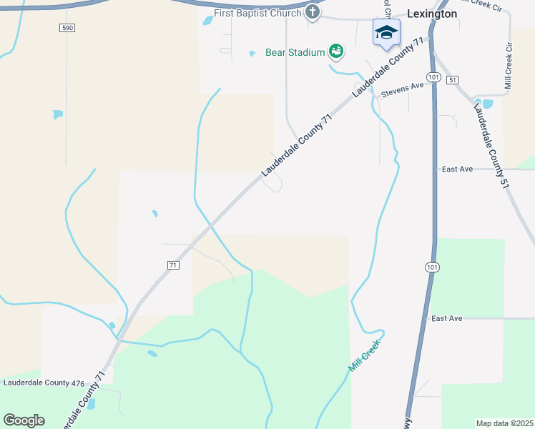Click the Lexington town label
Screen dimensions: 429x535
tap(431, 13)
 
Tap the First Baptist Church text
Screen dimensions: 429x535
tap(258, 13)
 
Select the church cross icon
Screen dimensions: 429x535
tap(313, 12)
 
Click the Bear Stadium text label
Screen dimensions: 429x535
tap(295, 52)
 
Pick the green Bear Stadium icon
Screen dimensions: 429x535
tap(335, 51)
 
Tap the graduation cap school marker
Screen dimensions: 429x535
tap(386, 33)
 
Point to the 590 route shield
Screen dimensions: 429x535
tap(67, 27)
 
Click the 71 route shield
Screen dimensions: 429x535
tap(172, 265)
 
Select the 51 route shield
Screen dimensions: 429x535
tap(452, 79)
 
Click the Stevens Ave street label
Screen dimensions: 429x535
tap(402, 89)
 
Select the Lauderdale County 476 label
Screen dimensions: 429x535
tap(44, 383)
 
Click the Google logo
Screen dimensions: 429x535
tap(24, 420)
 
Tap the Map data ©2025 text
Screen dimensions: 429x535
tap(504, 423)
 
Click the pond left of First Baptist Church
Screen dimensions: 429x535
tap(207, 21)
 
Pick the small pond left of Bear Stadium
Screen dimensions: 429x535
tap(252, 53)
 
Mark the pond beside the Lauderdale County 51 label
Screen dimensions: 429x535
tap(488, 104)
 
